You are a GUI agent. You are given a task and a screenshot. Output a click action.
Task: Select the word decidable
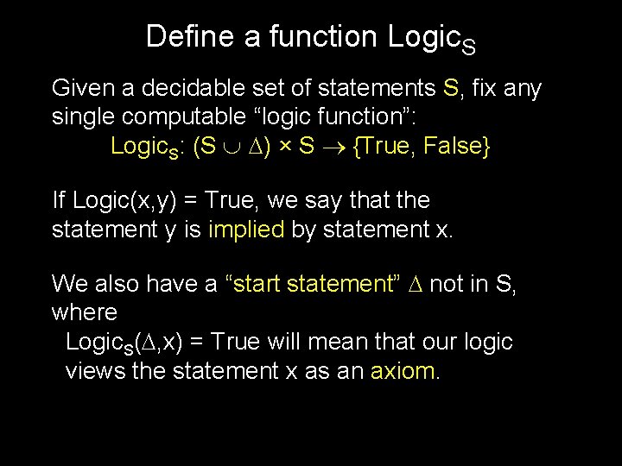tap(189, 88)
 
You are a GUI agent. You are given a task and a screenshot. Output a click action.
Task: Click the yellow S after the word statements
tap(450, 88)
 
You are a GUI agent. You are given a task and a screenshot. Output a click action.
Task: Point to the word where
tap(84, 311)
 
